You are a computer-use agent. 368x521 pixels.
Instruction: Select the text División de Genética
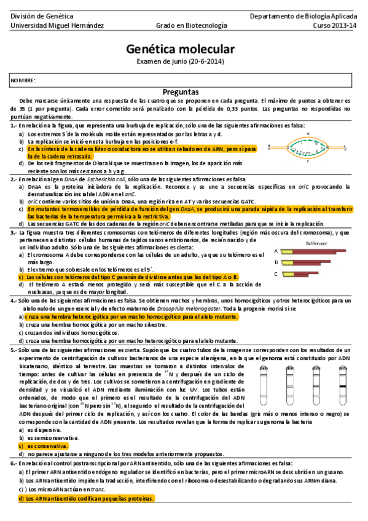(36, 15)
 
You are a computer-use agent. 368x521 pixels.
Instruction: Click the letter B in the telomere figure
(276, 262)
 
